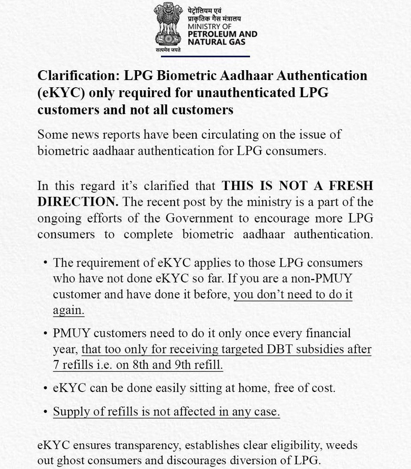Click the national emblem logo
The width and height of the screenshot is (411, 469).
[x=168, y=27]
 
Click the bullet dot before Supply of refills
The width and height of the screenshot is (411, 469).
[x=45, y=412]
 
